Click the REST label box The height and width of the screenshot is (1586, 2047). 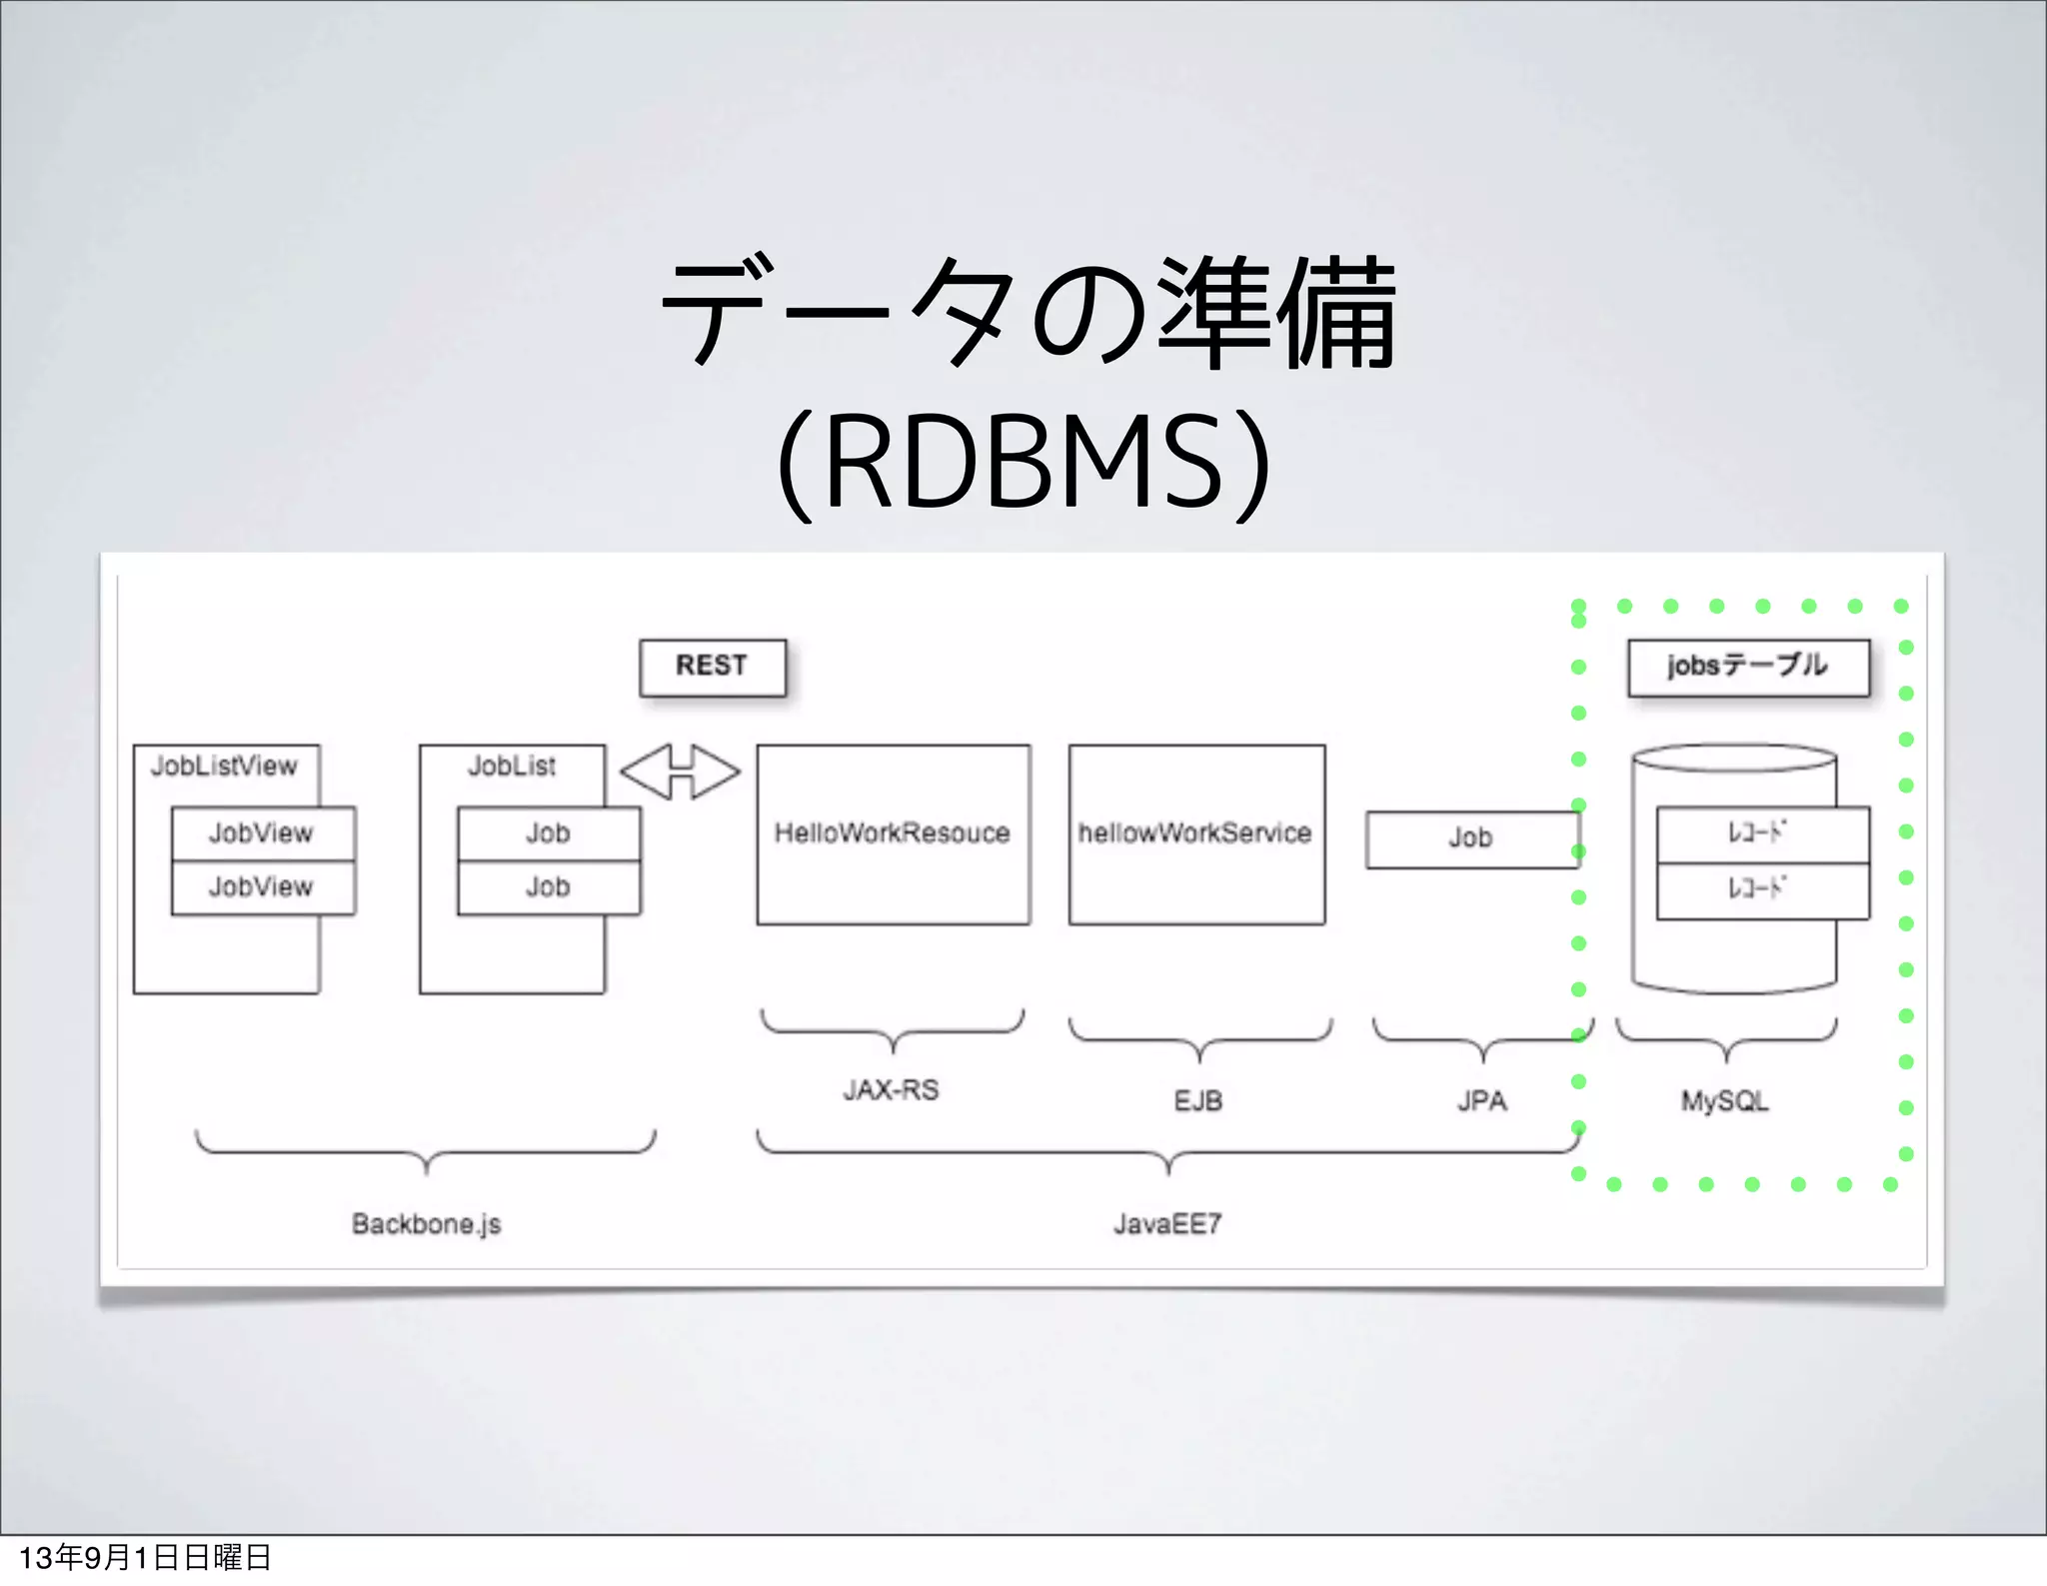click(712, 667)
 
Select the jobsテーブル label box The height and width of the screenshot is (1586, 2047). click(1747, 667)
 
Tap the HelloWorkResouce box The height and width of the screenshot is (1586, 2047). click(893, 833)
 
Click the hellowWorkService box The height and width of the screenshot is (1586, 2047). click(1195, 833)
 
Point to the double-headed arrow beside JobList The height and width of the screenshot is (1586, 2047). click(680, 772)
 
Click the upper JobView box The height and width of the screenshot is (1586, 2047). click(262, 832)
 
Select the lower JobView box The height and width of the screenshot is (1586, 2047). click(262, 886)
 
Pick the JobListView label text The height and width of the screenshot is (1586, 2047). click(224, 767)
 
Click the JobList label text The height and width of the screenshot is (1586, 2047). click(512, 767)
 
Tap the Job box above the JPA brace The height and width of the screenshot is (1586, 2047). click(1470, 838)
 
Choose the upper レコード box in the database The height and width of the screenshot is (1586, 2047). click(1761, 834)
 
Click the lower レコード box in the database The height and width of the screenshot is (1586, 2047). click(1761, 890)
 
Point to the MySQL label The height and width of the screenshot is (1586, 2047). click(1724, 1101)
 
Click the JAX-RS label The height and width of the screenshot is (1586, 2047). click(891, 1090)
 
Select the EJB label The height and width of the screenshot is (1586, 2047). click(1197, 1101)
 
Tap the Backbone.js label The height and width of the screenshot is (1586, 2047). click(426, 1224)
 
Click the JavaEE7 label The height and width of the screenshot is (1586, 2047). click(1167, 1224)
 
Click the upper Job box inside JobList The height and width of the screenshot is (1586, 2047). click(548, 832)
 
